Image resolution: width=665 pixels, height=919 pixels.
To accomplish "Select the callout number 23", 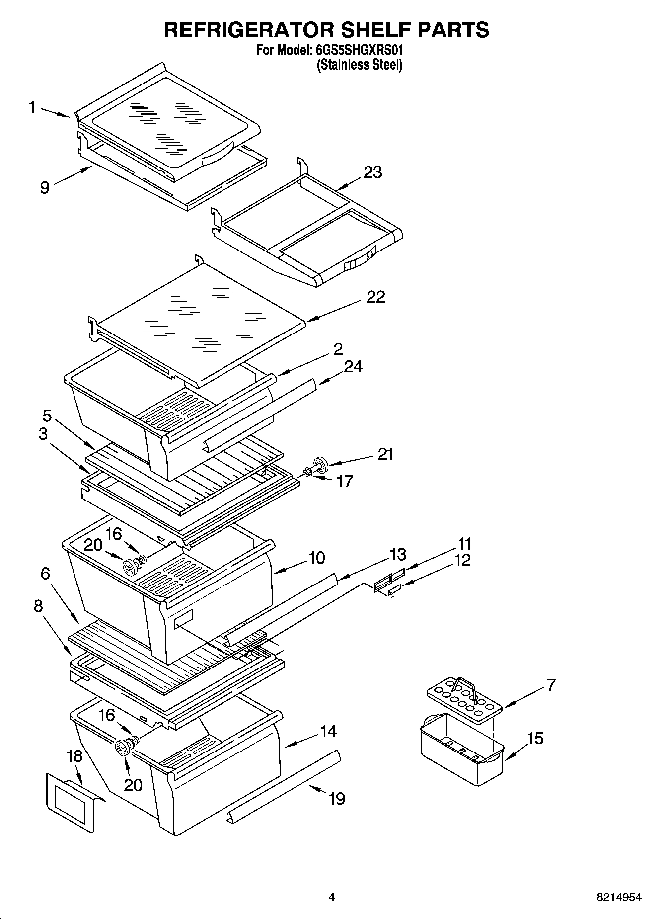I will [x=372, y=172].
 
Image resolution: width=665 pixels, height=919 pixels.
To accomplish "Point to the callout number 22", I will [x=375, y=297].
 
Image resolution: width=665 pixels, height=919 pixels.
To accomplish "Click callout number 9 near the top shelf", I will [x=45, y=188].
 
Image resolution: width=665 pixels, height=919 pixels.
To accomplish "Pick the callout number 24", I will [x=353, y=367].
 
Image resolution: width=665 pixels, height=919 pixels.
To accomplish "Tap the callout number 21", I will [x=385, y=454].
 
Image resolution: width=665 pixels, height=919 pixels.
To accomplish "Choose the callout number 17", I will [x=344, y=481].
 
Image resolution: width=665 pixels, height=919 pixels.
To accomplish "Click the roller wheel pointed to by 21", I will [x=320, y=465].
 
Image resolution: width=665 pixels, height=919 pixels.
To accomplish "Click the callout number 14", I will [x=328, y=731].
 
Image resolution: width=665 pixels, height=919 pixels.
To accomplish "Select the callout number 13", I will [x=398, y=554].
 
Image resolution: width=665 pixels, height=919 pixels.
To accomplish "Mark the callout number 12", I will [x=462, y=560].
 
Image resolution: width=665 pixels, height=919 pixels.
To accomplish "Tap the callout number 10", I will [x=316, y=558].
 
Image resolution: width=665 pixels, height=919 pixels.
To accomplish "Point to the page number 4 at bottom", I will [x=332, y=897].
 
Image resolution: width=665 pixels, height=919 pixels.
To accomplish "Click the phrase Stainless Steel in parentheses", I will [x=360, y=65].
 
